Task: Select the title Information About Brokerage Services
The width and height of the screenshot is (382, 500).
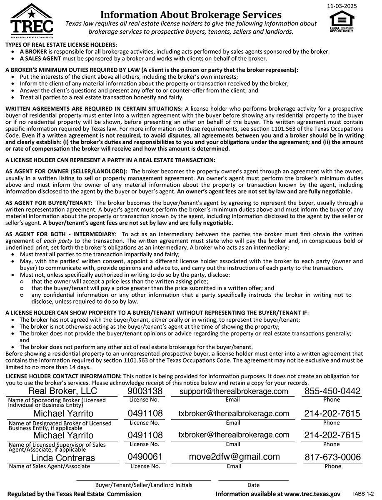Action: [191, 15]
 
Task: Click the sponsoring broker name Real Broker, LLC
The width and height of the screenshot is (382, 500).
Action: [62, 391]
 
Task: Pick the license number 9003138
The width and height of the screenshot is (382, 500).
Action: [145, 391]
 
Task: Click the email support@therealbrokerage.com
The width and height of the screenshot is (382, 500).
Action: [234, 391]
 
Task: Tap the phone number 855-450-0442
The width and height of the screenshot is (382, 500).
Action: [332, 391]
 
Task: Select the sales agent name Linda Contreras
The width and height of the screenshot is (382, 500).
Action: [63, 458]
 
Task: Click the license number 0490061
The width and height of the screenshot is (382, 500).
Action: [145, 457]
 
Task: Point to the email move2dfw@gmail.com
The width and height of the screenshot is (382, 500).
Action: [234, 457]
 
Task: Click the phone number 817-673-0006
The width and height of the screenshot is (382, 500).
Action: [332, 457]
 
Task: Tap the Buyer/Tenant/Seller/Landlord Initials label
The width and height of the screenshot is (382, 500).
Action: [144, 485]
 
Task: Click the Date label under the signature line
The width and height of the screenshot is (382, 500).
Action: [253, 485]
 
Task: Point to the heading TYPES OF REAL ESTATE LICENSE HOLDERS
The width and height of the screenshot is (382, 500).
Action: [61, 45]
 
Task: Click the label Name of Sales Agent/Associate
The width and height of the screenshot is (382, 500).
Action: [49, 466]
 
